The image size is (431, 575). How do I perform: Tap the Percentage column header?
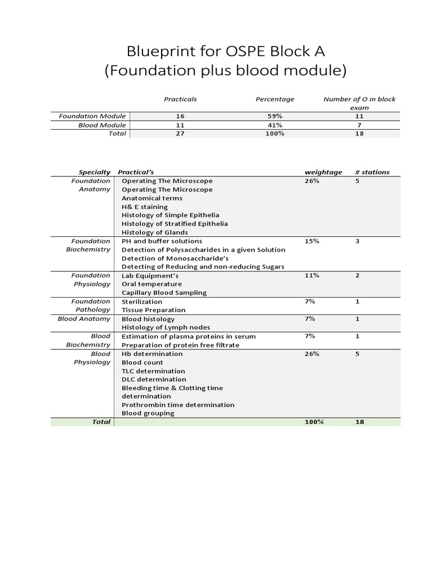click(274, 99)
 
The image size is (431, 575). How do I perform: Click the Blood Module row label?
click(102, 125)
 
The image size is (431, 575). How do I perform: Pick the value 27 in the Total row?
click(180, 134)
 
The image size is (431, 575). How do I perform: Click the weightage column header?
click(323, 172)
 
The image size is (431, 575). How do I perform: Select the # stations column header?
click(372, 172)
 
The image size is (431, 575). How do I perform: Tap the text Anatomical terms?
click(152, 198)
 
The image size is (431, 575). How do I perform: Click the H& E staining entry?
click(144, 207)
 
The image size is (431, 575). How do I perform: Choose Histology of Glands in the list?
click(154, 232)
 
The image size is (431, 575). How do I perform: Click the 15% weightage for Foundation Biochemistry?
click(311, 241)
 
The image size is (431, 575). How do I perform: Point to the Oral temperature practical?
click(152, 284)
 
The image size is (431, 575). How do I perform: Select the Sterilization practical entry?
click(141, 302)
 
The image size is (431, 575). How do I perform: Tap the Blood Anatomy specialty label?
click(84, 319)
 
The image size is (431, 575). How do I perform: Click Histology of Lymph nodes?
click(166, 327)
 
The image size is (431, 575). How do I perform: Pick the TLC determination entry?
click(153, 371)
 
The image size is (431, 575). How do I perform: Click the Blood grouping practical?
click(148, 413)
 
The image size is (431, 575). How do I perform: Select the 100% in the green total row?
click(314, 422)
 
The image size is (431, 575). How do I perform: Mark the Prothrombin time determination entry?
click(178, 405)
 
